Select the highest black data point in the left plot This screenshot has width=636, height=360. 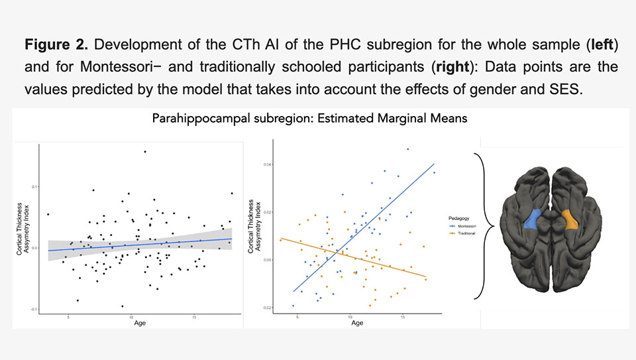point(145,152)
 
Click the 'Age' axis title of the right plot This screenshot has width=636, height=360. point(356,323)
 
